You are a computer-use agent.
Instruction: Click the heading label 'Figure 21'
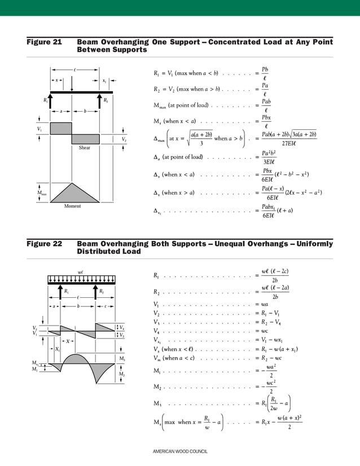pyautogui.click(x=45, y=42)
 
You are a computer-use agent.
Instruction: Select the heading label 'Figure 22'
pyautogui.click(x=45, y=244)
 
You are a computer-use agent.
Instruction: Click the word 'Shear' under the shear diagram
pyautogui.click(x=85, y=148)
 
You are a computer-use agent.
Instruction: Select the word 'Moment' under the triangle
pyautogui.click(x=72, y=206)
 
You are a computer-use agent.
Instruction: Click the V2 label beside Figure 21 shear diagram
pyautogui.click(x=124, y=139)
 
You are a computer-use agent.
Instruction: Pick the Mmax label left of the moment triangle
pyautogui.click(x=41, y=194)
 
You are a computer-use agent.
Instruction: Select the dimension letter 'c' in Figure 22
pyautogui.click(x=106, y=306)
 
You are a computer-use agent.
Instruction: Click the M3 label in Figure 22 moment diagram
pyautogui.click(x=122, y=359)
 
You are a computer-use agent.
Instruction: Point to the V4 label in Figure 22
pyautogui.click(x=122, y=328)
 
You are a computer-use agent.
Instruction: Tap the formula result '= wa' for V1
pyautogui.click(x=260, y=305)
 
